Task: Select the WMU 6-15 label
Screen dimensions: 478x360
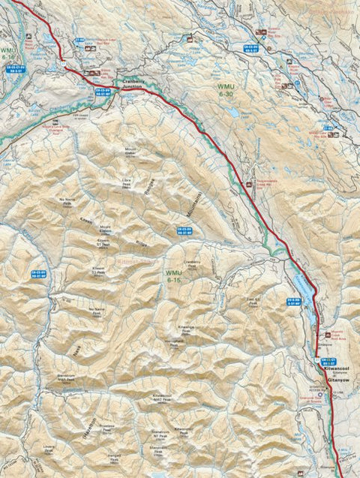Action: coord(174,276)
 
